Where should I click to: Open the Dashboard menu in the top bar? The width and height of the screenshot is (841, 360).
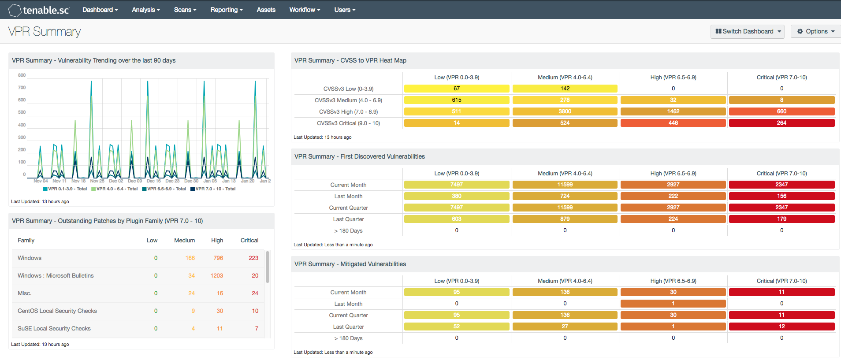click(100, 10)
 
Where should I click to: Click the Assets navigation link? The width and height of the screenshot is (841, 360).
click(266, 10)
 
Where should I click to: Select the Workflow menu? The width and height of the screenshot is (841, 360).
click(305, 10)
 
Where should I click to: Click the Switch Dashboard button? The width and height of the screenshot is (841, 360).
click(747, 31)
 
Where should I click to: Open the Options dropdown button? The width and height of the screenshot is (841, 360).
click(816, 31)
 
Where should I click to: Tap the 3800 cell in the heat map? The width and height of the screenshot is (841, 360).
click(565, 111)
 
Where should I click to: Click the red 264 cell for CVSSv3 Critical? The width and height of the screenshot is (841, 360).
click(781, 123)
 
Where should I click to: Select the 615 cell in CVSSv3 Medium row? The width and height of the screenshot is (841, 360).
click(456, 100)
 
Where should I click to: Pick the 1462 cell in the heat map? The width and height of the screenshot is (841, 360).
click(673, 111)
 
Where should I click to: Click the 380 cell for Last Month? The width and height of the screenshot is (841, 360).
click(456, 196)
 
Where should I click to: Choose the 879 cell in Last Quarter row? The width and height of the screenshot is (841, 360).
click(565, 219)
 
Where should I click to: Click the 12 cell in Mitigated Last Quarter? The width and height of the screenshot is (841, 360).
click(781, 327)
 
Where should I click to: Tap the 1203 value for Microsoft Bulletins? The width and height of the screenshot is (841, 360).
click(216, 275)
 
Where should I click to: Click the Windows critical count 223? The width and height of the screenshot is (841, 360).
click(253, 258)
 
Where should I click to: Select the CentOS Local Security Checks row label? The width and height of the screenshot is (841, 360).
click(57, 311)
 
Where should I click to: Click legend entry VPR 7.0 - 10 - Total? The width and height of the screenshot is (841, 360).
click(213, 189)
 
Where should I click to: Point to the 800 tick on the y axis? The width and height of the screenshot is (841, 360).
click(22, 75)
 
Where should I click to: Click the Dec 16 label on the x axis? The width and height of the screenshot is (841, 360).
click(153, 181)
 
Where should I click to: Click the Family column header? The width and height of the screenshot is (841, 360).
click(26, 240)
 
